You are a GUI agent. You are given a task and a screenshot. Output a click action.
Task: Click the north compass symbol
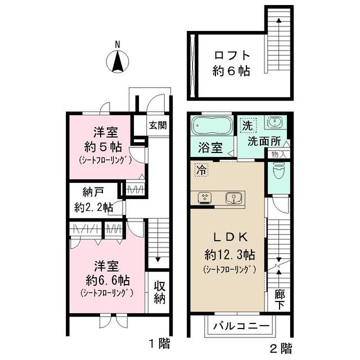click(x=118, y=60)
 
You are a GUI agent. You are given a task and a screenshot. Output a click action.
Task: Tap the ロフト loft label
click(x=230, y=56)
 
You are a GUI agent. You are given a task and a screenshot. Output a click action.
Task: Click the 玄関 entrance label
click(x=157, y=125)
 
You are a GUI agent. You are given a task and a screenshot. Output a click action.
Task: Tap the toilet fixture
click(x=277, y=170)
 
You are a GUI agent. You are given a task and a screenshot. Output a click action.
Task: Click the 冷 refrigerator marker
click(x=200, y=168)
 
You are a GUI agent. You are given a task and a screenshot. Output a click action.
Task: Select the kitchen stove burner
click(x=205, y=197)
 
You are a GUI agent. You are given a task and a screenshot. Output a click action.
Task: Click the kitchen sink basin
click(x=233, y=197)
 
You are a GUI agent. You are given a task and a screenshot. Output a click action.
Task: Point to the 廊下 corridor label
click(x=279, y=299)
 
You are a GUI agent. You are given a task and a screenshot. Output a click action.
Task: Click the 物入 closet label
click(x=278, y=154)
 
